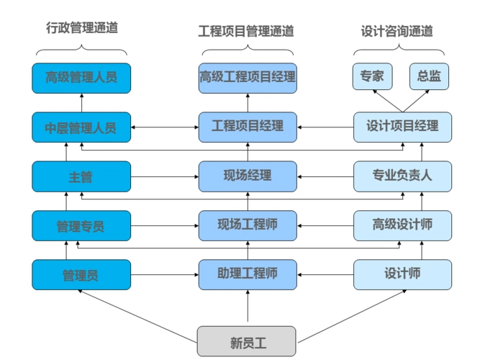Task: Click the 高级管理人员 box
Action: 81,78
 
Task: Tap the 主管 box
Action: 81,176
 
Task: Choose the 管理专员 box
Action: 81,225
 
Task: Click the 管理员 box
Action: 81,274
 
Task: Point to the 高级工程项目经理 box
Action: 248,78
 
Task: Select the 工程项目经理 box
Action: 248,127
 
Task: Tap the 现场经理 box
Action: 248,176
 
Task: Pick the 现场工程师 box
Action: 248,225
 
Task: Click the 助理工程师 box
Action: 248,274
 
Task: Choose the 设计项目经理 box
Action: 402,127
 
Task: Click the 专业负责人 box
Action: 402,176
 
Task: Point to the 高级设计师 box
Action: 402,225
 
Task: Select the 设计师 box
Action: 402,274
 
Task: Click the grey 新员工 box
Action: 247,341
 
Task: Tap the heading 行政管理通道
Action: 81,29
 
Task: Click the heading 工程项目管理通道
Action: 246,31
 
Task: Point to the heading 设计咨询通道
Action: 397,31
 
